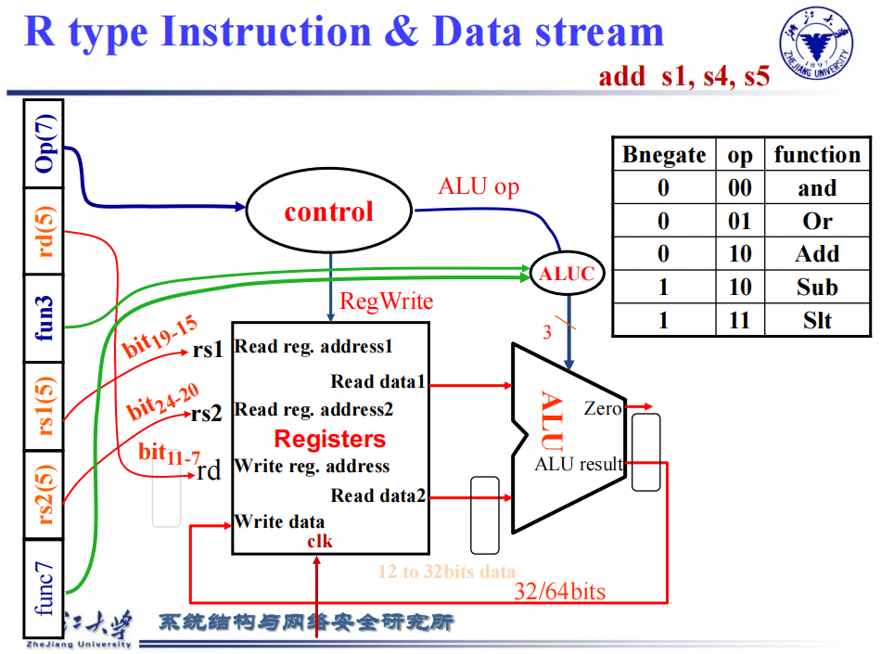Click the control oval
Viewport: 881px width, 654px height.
pyautogui.click(x=328, y=212)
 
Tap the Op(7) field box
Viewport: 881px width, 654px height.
pyautogui.click(x=44, y=145)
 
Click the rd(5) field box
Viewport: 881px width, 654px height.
pyautogui.click(x=44, y=231)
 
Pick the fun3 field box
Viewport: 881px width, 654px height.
pyautogui.click(x=44, y=318)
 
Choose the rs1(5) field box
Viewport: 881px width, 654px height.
pyautogui.click(x=44, y=406)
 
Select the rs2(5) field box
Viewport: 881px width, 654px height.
pyautogui.click(x=44, y=494)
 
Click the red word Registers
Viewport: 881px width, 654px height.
pyautogui.click(x=329, y=439)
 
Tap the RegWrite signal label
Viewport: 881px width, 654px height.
pyautogui.click(x=386, y=301)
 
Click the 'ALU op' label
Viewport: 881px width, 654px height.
pyautogui.click(x=479, y=186)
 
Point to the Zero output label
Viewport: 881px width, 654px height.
pyautogui.click(x=603, y=407)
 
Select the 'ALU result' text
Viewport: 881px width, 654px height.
pyautogui.click(x=579, y=464)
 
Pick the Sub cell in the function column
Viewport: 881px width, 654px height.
pyautogui.click(x=817, y=287)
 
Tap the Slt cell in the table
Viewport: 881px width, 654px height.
pyautogui.click(x=817, y=320)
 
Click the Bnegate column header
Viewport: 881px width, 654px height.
pyautogui.click(x=664, y=154)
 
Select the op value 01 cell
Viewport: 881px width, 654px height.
pyautogui.click(x=739, y=221)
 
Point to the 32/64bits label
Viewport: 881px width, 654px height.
pyautogui.click(x=560, y=591)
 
